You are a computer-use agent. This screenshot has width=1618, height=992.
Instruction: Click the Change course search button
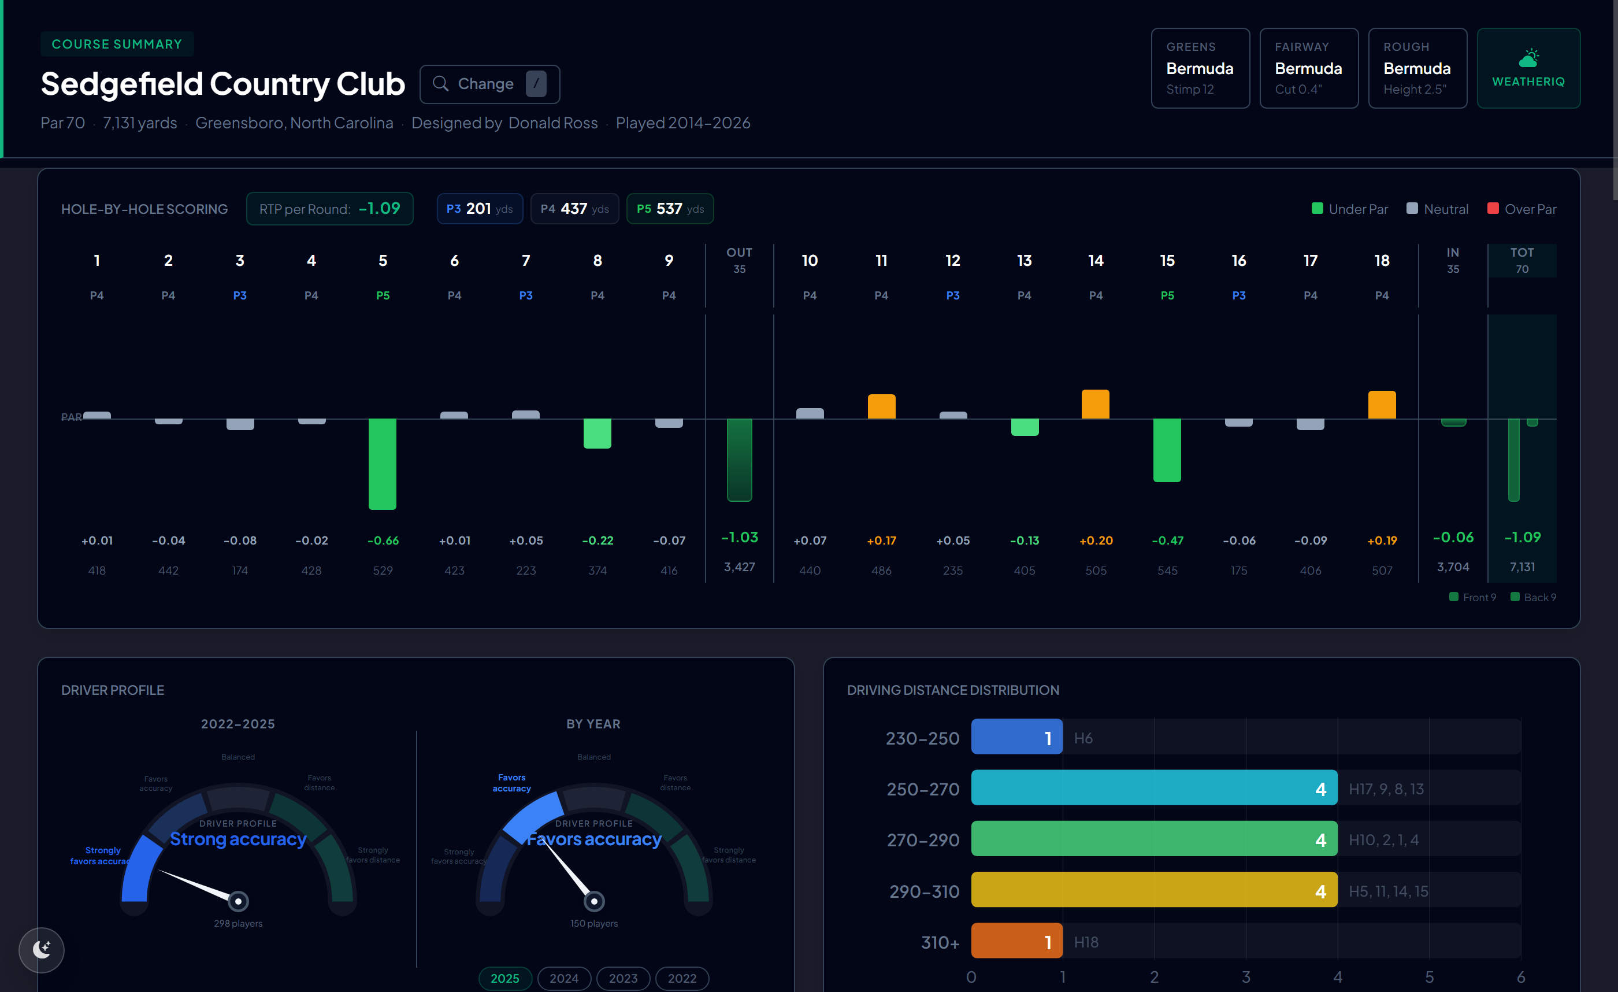(489, 84)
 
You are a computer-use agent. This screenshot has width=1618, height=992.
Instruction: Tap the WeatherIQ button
(1528, 68)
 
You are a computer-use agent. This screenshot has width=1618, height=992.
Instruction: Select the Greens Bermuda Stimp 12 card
(1200, 68)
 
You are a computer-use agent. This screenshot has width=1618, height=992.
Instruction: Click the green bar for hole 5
(382, 464)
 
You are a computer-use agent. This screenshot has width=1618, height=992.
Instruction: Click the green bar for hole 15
(1167, 450)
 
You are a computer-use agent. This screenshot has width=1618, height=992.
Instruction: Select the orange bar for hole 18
(1382, 405)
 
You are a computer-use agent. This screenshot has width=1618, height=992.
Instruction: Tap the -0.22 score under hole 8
(598, 541)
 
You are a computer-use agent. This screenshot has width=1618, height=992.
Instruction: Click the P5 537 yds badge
(670, 209)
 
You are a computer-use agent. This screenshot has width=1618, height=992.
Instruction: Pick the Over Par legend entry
(1521, 209)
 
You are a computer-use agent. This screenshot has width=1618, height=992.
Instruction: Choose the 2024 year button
(564, 978)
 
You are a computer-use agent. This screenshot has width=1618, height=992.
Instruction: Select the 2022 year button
(682, 978)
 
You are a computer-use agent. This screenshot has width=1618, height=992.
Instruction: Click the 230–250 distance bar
(1016, 737)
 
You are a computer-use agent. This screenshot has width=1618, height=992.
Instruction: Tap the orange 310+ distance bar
(1016, 941)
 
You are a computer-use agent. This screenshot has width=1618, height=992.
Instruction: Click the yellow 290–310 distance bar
(1154, 890)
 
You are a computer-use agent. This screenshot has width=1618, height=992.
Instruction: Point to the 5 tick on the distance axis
(1429, 977)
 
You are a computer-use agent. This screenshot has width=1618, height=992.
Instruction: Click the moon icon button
(42, 949)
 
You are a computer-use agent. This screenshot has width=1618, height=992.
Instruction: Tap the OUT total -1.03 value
(740, 538)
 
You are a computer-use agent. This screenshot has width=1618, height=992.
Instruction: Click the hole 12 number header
(952, 261)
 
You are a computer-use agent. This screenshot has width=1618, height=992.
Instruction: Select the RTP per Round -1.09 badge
(329, 209)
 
